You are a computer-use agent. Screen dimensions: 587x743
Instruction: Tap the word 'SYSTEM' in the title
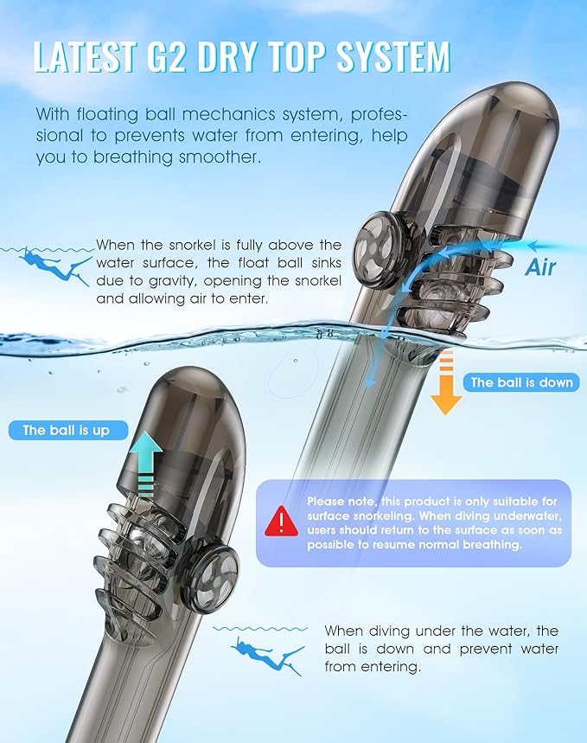(392, 58)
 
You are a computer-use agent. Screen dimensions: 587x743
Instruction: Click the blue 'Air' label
(540, 267)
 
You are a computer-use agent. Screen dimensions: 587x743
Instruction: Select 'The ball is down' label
(521, 382)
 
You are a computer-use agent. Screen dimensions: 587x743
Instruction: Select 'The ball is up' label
(67, 430)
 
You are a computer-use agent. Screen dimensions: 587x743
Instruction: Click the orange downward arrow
(446, 383)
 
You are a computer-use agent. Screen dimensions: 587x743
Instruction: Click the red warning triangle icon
(282, 522)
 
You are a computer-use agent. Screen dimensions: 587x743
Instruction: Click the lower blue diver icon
(268, 656)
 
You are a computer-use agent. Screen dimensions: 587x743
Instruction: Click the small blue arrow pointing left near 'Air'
(549, 246)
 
